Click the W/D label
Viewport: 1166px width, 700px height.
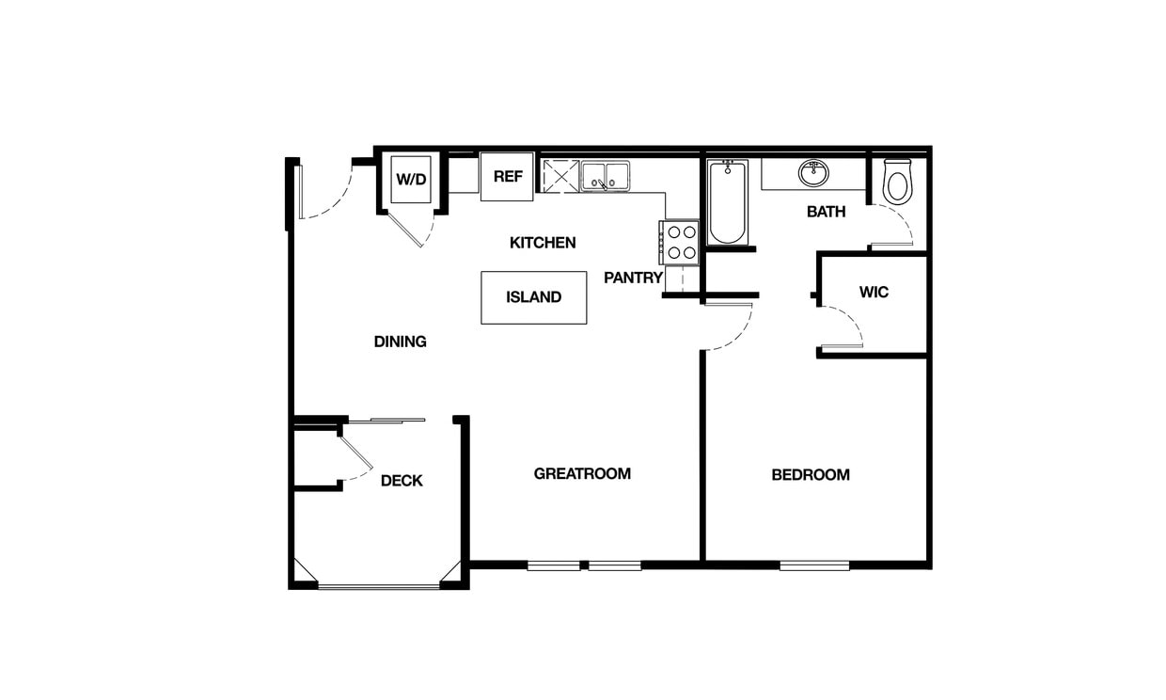click(411, 179)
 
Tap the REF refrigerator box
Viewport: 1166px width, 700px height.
click(508, 177)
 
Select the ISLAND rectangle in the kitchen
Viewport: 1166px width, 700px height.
click(533, 297)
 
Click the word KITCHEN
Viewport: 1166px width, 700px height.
click(543, 243)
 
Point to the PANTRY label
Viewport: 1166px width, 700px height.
click(633, 278)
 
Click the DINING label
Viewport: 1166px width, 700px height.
click(401, 342)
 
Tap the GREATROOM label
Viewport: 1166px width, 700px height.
click(582, 473)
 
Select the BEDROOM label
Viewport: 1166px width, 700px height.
click(811, 475)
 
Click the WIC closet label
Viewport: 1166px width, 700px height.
click(874, 293)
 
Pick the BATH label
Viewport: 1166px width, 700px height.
click(826, 212)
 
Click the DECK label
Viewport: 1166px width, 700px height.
click(402, 481)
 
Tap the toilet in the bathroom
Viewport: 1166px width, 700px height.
click(897, 182)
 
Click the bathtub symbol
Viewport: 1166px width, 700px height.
click(728, 202)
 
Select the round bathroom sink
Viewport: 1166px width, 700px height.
click(813, 173)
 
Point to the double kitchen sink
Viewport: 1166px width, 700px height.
click(605, 175)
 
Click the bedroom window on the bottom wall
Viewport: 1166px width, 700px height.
click(814, 565)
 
